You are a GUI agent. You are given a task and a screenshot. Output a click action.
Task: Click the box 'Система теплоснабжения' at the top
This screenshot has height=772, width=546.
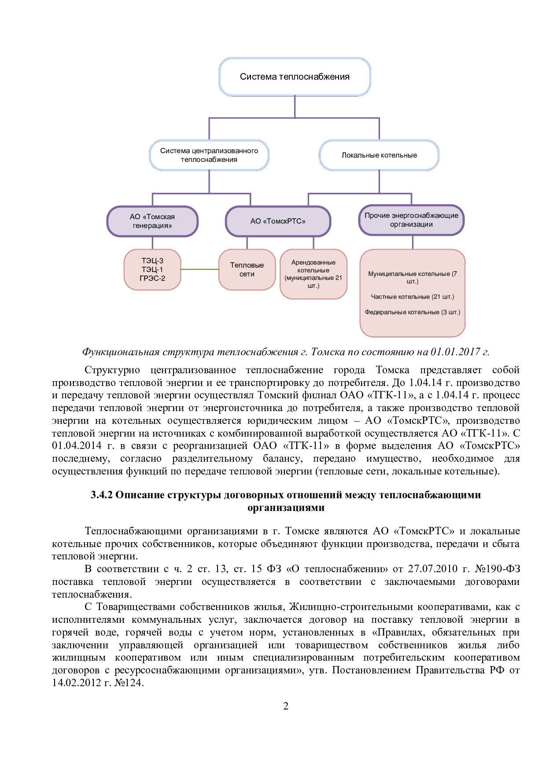point(295,77)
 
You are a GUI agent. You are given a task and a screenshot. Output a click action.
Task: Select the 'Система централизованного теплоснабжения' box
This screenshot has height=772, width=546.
point(209,155)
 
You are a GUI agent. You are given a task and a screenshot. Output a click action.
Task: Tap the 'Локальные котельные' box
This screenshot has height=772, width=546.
point(379,155)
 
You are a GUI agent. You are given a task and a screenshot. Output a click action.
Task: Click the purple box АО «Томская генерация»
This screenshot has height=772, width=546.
point(152,221)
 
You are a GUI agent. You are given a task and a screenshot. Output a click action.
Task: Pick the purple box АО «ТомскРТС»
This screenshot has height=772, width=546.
point(278,221)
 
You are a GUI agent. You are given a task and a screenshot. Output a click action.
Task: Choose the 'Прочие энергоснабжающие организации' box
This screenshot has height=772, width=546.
point(411,220)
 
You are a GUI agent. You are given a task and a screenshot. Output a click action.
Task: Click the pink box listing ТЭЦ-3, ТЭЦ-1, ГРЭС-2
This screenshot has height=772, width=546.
point(152,269)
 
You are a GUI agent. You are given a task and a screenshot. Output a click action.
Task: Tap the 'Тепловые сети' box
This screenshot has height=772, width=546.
point(247,269)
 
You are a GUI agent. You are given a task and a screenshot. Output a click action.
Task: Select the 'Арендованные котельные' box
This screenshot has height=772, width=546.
point(314,274)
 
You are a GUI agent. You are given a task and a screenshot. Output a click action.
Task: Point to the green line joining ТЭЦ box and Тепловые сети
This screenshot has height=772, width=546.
point(200,269)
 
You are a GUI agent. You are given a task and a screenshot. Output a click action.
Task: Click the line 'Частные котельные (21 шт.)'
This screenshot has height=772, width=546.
point(412,297)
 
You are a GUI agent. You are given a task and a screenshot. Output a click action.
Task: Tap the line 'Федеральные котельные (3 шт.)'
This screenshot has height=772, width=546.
point(412,312)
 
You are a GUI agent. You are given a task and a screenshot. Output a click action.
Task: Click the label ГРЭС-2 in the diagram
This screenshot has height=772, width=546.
point(152,278)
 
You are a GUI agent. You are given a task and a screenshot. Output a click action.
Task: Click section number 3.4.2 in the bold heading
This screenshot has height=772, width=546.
point(102,495)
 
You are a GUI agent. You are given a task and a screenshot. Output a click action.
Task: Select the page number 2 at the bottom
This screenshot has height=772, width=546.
point(285,706)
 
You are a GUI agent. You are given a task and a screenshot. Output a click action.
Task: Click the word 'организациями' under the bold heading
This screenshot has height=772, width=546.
point(286,507)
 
